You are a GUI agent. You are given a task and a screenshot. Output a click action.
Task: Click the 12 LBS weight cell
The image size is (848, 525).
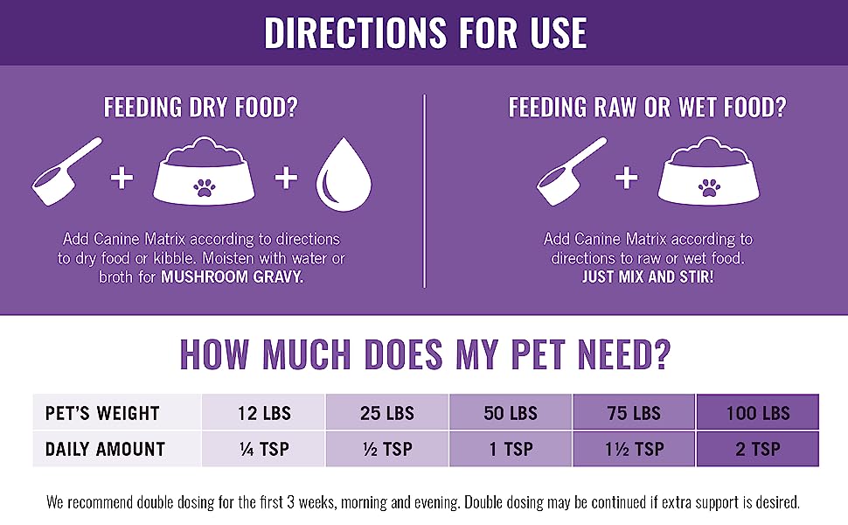click(263, 413)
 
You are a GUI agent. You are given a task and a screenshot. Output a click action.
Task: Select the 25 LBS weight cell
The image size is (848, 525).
click(387, 413)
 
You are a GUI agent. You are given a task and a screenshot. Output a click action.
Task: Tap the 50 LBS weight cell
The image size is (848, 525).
click(511, 413)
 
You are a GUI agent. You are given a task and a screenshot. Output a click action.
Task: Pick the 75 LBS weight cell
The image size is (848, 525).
click(635, 413)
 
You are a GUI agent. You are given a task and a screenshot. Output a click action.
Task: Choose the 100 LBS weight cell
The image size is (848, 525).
click(758, 413)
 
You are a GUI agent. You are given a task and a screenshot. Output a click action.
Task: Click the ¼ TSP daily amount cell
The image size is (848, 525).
click(263, 449)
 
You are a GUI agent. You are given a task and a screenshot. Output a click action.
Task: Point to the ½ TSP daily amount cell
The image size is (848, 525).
click(387, 449)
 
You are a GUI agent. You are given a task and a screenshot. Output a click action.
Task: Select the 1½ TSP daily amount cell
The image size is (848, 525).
click(635, 449)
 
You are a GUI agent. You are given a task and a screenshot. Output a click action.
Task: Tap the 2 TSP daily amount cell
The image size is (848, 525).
click(758, 449)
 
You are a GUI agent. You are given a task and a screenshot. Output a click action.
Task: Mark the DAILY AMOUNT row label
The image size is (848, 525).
click(106, 449)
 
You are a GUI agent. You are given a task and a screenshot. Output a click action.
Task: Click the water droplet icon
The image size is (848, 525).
click(343, 178)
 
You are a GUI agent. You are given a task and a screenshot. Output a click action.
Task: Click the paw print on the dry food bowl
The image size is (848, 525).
click(205, 185)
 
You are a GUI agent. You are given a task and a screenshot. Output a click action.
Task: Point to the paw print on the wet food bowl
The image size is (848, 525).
click(709, 185)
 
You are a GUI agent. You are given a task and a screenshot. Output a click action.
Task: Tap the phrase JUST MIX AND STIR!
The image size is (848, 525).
click(648, 276)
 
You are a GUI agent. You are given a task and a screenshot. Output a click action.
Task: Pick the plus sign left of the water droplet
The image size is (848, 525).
click(287, 178)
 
